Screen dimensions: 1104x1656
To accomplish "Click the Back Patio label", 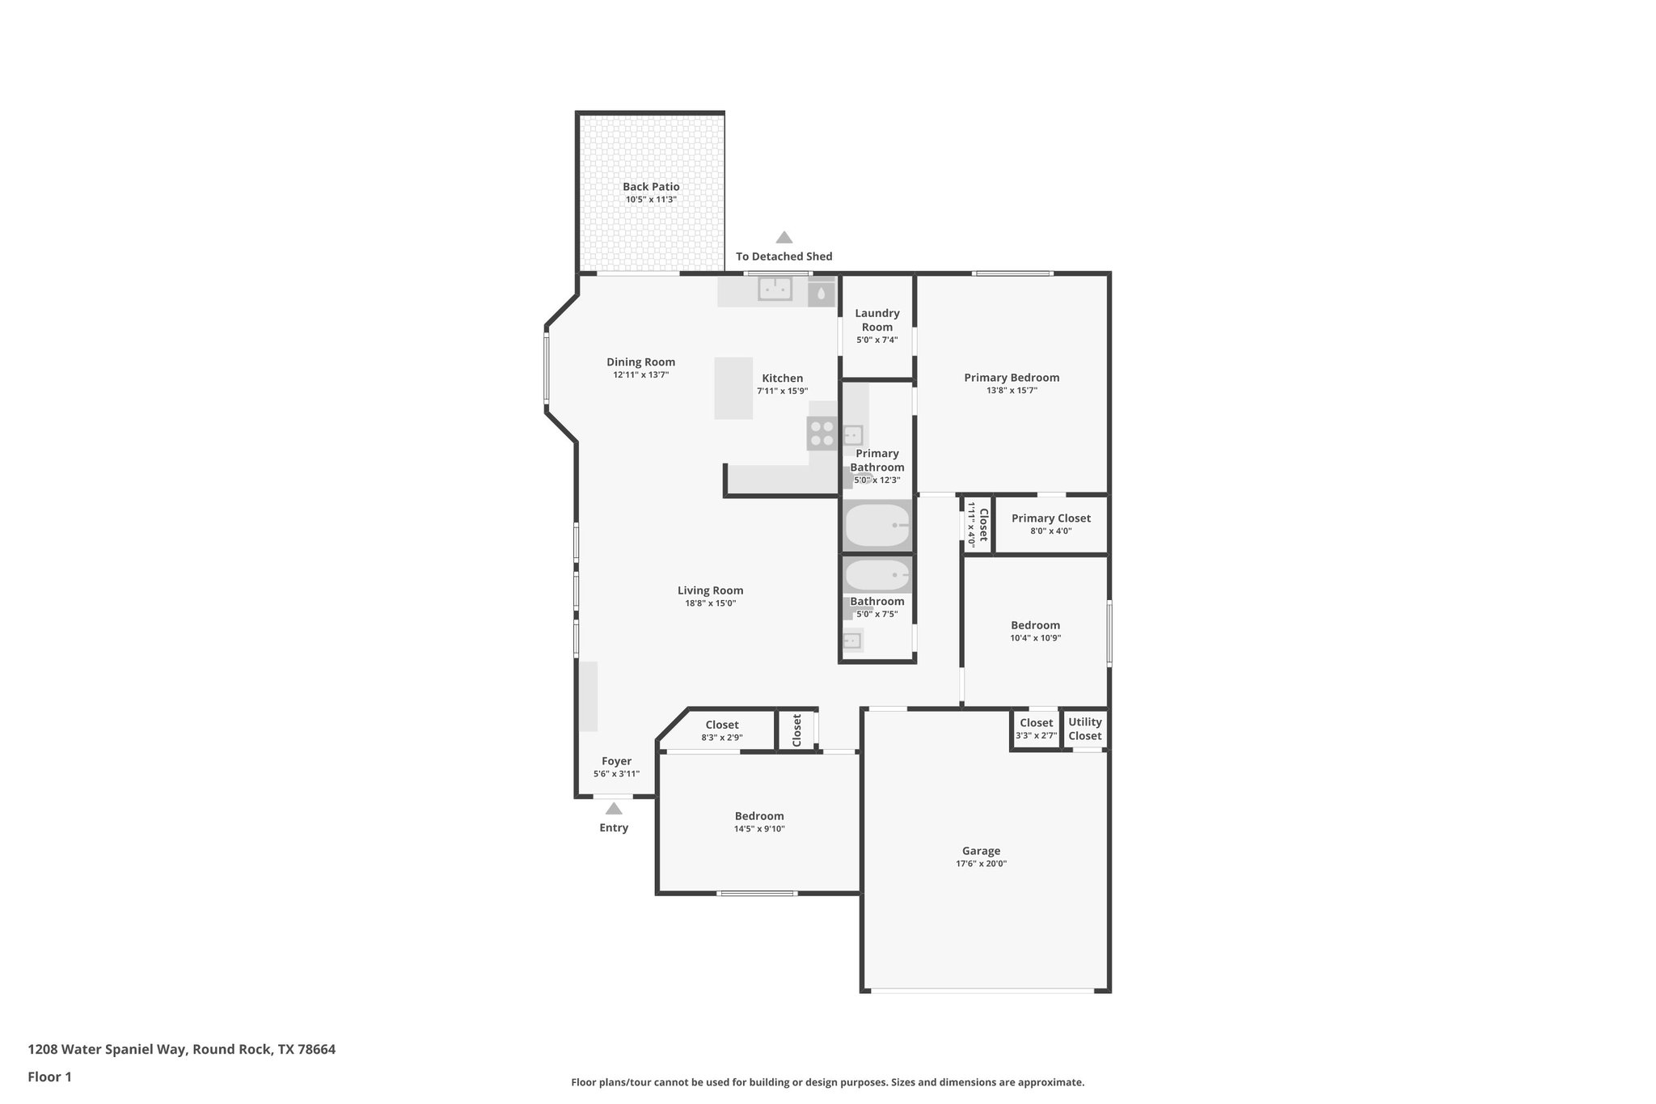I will (x=651, y=187).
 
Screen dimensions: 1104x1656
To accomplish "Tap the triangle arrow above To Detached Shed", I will (x=784, y=238).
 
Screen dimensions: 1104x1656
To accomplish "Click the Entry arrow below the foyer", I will (x=614, y=809).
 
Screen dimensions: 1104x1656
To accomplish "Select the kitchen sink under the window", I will (x=775, y=289).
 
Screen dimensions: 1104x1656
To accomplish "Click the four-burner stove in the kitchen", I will (x=822, y=434).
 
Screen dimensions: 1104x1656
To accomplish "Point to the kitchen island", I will (x=733, y=388).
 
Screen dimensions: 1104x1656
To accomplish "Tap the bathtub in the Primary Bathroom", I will (x=877, y=526).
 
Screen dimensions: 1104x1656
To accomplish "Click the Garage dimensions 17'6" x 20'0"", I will (x=981, y=864).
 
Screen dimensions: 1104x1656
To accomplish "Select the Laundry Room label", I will (x=877, y=319).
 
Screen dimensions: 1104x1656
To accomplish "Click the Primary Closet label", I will (x=1050, y=518).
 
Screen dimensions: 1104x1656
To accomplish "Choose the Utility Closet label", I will (x=1084, y=729).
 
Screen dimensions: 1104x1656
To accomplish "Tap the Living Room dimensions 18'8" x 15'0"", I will (x=710, y=603).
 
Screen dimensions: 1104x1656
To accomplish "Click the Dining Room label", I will (x=640, y=362).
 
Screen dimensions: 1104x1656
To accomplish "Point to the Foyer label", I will (x=616, y=761).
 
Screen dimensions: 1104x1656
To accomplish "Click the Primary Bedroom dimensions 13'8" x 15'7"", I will (x=1012, y=391).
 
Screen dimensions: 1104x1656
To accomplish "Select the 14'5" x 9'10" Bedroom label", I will (x=758, y=816).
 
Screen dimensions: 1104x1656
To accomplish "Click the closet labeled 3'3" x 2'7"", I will (x=1036, y=729).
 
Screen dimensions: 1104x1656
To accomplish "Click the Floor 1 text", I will (x=50, y=1077).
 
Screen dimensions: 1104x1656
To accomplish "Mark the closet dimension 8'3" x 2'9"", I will (x=721, y=738).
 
